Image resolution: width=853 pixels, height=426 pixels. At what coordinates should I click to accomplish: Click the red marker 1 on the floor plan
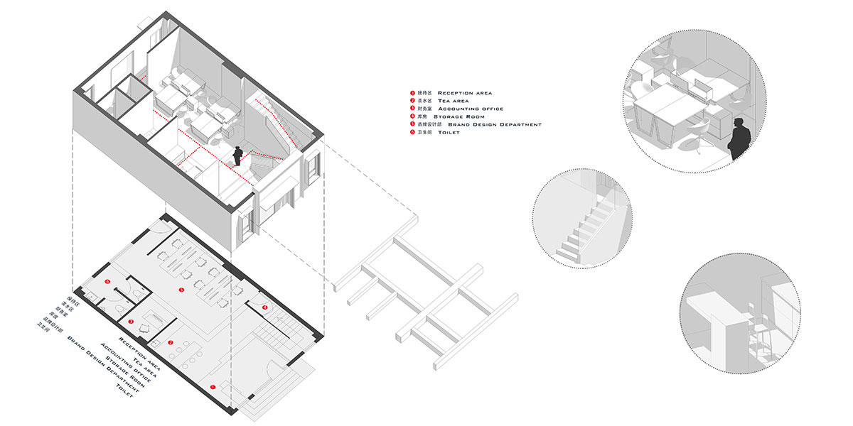tap(213, 386)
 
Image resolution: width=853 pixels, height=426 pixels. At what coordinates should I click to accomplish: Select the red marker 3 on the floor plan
tap(131, 322)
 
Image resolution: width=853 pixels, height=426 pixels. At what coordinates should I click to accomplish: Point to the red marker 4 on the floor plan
tap(264, 307)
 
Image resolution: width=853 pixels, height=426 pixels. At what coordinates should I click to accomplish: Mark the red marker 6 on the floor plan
tap(108, 283)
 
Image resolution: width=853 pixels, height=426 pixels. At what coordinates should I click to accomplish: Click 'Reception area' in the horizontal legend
tap(465, 93)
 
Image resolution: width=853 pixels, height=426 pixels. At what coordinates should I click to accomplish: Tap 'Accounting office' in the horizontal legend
tap(471, 109)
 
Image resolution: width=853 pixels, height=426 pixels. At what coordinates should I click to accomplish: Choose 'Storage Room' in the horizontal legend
tap(459, 116)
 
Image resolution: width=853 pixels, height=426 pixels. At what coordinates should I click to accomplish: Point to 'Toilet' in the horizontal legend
tap(449, 132)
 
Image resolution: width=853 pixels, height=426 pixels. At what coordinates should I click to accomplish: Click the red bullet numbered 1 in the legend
tap(412, 93)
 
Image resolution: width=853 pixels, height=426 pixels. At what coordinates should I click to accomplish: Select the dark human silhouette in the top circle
tap(740, 138)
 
